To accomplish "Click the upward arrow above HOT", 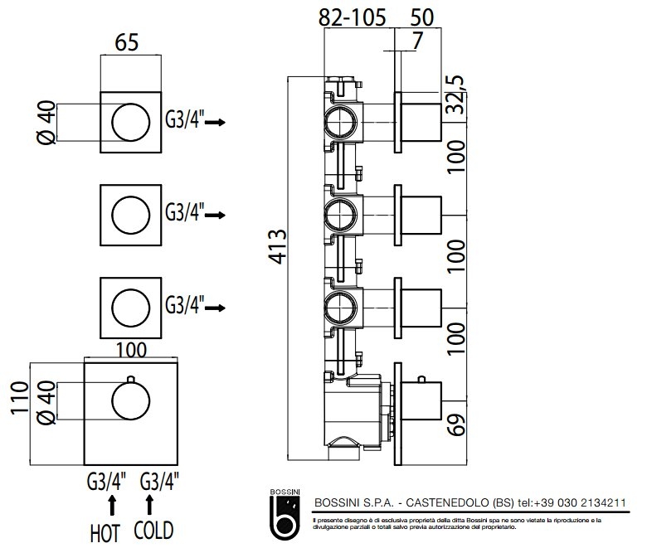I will tap(112, 504).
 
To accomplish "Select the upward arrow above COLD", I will tap(150, 504).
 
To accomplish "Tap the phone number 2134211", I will tap(599, 503).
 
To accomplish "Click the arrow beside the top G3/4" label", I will tap(216, 122).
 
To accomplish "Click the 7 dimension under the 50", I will tap(416, 38).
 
